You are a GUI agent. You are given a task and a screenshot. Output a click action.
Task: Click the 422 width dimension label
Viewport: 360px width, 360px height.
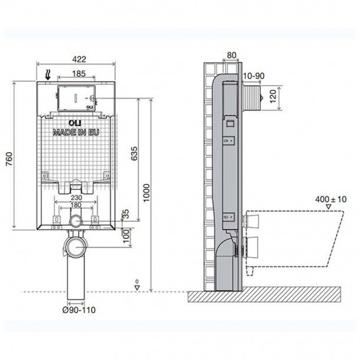[x=79, y=59]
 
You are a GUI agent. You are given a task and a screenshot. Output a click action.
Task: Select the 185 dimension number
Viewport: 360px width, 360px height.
[x=78, y=74]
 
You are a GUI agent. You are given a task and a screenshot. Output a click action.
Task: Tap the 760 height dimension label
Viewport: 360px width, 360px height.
[x=9, y=159]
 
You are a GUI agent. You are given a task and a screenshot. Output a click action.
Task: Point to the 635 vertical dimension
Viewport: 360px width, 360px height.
[x=134, y=153]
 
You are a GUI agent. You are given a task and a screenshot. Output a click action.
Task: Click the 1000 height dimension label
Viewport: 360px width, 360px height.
[x=146, y=193]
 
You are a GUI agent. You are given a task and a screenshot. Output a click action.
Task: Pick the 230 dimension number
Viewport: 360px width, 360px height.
[x=76, y=198]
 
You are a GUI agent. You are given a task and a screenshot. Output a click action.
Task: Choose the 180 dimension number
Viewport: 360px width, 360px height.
[x=76, y=205]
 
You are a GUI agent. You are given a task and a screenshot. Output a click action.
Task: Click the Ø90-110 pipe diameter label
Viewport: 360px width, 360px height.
[x=78, y=310]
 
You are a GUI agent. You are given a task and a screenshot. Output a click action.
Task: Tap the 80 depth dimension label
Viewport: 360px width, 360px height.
[x=231, y=55]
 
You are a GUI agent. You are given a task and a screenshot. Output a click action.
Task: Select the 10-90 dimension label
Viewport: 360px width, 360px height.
[x=254, y=76]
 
